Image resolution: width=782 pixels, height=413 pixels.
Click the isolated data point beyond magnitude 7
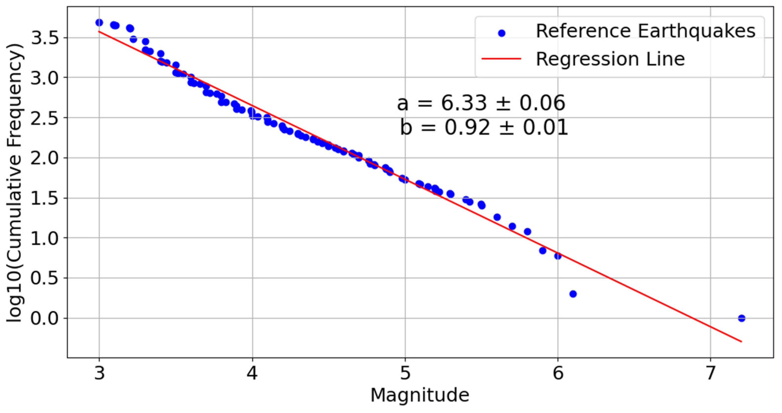click(x=741, y=318)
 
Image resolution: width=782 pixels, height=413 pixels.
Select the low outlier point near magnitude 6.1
click(x=573, y=294)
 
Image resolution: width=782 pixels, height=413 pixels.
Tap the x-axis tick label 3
click(x=99, y=373)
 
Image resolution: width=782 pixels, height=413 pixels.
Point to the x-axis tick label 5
click(x=405, y=373)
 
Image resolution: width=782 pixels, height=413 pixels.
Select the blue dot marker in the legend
click(x=502, y=33)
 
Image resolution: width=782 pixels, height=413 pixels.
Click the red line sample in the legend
click(x=502, y=59)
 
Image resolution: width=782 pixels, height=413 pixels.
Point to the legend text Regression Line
click(x=610, y=59)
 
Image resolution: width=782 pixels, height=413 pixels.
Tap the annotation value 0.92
click(x=467, y=128)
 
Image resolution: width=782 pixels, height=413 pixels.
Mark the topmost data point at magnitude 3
click(x=99, y=23)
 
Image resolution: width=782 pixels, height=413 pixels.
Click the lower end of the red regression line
click(x=741, y=342)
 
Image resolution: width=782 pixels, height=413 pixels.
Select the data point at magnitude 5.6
click(x=497, y=217)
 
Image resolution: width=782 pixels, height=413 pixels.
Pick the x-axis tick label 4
click(x=252, y=373)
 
